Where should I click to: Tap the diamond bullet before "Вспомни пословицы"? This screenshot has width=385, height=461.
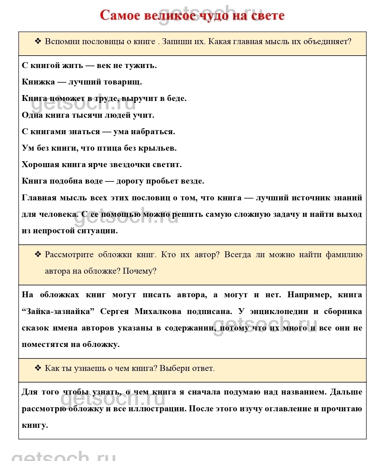click(38, 41)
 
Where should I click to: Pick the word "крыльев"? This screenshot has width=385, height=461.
click(158, 148)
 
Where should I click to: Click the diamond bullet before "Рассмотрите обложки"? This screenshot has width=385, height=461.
click(38, 254)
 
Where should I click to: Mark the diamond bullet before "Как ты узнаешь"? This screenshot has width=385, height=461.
click(38, 368)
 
